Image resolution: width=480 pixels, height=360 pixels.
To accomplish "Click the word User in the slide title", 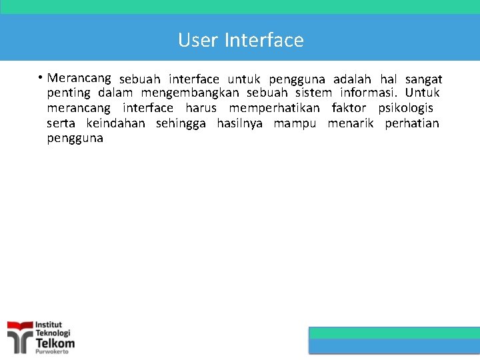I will pyautogui.click(x=198, y=41).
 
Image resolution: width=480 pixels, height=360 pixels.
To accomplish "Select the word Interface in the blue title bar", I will pyautogui.click(x=264, y=41).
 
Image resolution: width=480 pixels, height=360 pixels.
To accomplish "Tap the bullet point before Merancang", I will pyautogui.click(x=41, y=78).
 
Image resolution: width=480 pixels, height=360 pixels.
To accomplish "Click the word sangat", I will pyautogui.click(x=423, y=79).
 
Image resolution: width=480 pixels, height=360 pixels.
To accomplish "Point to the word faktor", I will pyautogui.click(x=349, y=108).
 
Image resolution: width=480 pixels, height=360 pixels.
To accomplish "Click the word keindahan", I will pyautogui.click(x=115, y=123).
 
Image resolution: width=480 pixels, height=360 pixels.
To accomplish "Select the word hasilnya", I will pyautogui.click(x=239, y=123).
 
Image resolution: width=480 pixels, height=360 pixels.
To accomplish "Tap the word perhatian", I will pyautogui.click(x=412, y=123).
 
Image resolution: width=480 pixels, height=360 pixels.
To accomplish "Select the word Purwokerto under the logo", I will pyautogui.click(x=52, y=352).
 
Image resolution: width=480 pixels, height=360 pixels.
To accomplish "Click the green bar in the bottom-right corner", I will pyautogui.click(x=395, y=333).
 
